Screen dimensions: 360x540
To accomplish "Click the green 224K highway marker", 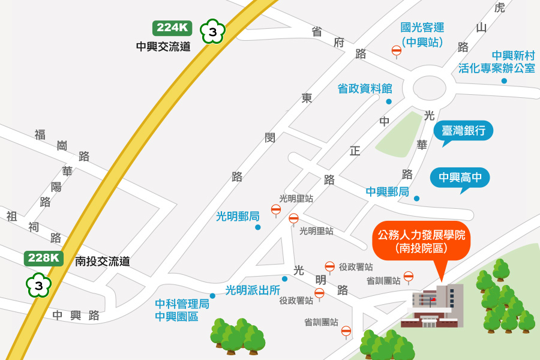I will click(x=172, y=28).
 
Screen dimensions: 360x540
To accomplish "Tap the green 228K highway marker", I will click(x=44, y=258).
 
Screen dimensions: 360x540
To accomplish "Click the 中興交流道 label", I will click(x=163, y=46).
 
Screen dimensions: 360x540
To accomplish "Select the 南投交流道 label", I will click(x=103, y=262).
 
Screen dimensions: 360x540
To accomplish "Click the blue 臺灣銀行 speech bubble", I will click(x=463, y=131).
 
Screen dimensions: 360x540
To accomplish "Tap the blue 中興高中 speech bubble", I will click(x=460, y=178).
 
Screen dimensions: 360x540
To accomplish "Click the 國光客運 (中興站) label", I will click(x=422, y=35).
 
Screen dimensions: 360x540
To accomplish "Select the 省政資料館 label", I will click(x=364, y=89).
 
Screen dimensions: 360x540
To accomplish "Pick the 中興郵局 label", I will click(x=388, y=192).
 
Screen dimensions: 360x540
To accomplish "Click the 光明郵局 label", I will click(x=238, y=217).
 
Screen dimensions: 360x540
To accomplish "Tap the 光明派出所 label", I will click(x=253, y=290).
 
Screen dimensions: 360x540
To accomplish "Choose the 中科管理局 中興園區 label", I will click(x=182, y=310).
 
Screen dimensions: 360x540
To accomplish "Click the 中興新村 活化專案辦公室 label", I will click(x=497, y=62).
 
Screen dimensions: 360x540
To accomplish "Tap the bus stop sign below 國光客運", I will click(x=397, y=51).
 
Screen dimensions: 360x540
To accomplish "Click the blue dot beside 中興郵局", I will click(x=416, y=199).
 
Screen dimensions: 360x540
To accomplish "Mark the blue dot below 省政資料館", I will click(x=389, y=101).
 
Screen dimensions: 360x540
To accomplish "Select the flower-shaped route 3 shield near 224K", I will click(x=212, y=31).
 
